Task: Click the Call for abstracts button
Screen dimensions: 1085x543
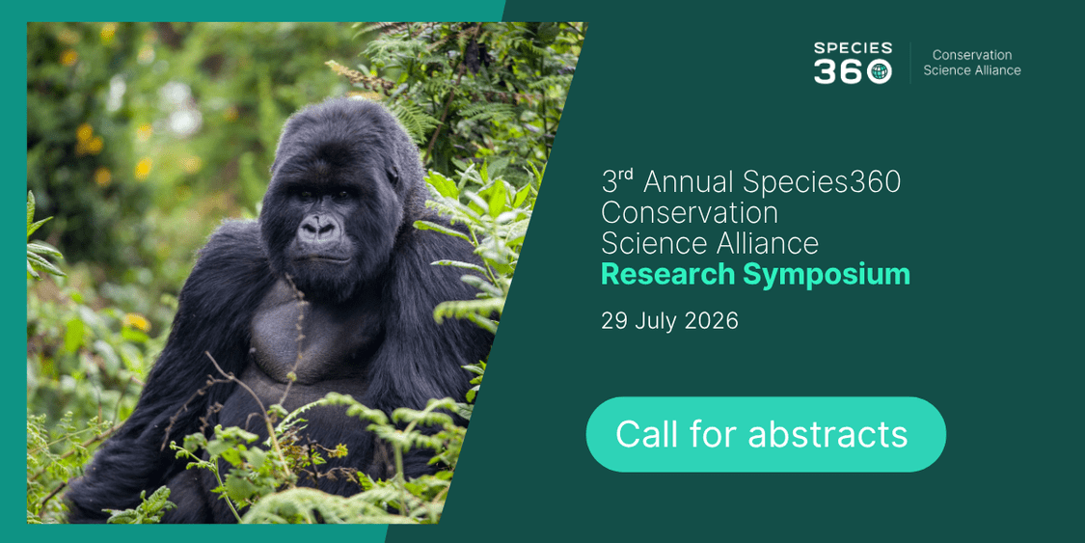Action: tap(766, 434)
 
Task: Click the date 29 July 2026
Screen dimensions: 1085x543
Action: tap(669, 321)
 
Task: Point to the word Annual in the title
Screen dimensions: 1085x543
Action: tap(689, 182)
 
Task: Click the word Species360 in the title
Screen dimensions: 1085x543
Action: tap(822, 183)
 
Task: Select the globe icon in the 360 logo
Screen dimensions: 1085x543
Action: tap(880, 71)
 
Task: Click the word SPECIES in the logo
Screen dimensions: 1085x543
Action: tap(853, 48)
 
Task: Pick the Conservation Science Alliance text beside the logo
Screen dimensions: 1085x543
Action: tap(971, 63)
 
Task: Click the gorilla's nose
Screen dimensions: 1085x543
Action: tap(319, 228)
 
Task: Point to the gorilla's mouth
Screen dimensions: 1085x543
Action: tap(319, 258)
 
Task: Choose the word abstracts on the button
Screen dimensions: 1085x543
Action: tap(827, 434)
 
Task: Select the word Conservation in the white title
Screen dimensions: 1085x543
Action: tap(690, 213)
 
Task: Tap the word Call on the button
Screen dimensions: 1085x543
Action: tap(646, 434)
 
